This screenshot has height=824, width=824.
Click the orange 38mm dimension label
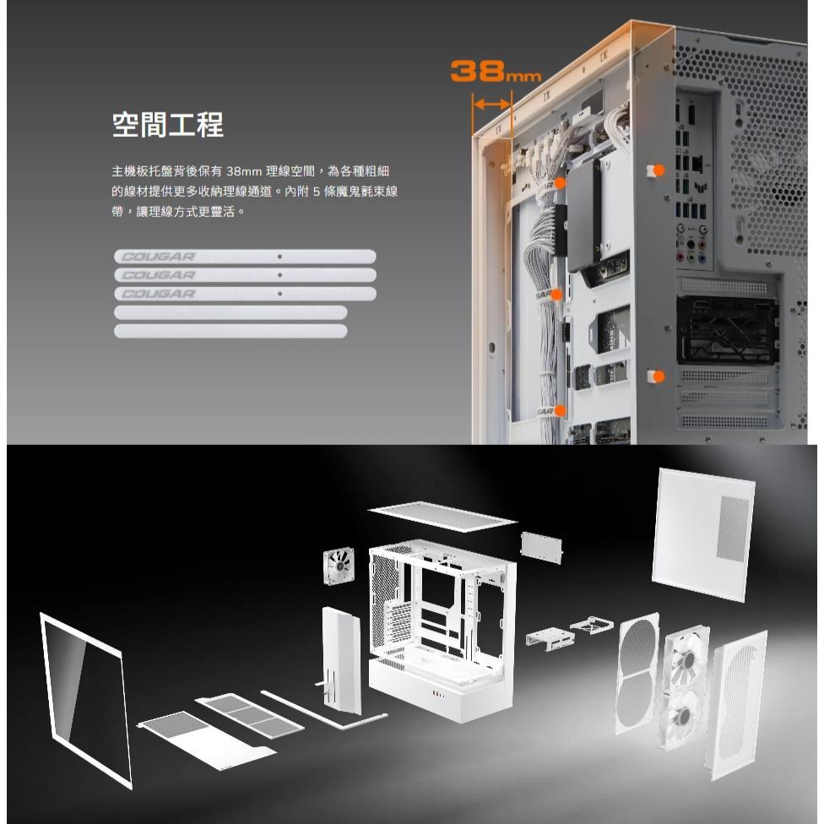[x=496, y=71]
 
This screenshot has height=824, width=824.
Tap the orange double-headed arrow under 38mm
[x=492, y=104]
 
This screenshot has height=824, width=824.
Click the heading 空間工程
[x=168, y=125]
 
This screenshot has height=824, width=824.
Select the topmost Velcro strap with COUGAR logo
[x=245, y=257]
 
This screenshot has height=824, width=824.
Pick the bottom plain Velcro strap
[x=230, y=331]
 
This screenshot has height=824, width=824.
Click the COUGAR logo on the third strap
[x=158, y=294]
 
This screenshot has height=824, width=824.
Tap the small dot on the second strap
[x=279, y=275]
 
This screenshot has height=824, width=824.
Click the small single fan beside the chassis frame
[x=339, y=566]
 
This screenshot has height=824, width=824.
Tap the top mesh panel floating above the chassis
[x=442, y=517]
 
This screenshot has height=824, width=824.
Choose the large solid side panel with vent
[x=703, y=534]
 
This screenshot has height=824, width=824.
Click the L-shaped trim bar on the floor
[x=325, y=712]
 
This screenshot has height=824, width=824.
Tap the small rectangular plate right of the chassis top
[x=541, y=548]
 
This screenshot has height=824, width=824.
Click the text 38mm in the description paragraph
[x=244, y=171]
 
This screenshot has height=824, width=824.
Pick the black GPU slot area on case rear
[x=727, y=329]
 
